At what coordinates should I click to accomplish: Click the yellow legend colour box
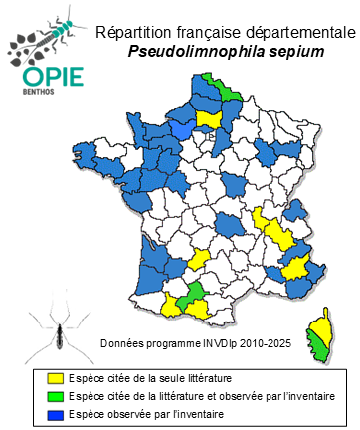(57, 378)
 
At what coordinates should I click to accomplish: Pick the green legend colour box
(57, 396)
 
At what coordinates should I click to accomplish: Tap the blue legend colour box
(57, 414)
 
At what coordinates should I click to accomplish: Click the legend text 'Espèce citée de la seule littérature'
(152, 378)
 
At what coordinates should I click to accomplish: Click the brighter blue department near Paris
(183, 129)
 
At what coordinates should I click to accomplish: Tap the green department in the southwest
(194, 291)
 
